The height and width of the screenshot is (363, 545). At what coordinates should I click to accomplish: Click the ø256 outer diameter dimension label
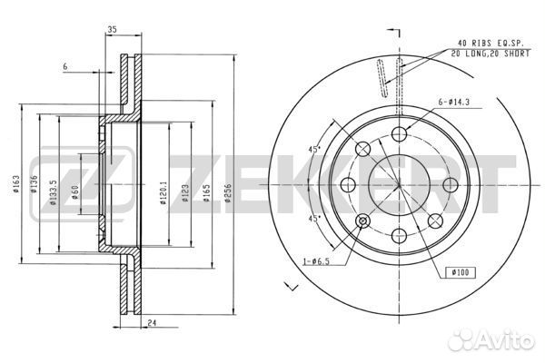(227, 193)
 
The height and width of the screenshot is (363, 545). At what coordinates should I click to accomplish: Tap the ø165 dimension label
(206, 193)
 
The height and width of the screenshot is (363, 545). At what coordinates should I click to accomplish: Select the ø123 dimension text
(185, 193)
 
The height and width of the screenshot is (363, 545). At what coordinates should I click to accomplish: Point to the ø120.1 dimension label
(163, 192)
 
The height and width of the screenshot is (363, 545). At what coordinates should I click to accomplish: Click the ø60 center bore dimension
(75, 192)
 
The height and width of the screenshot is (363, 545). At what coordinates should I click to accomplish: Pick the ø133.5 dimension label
(54, 192)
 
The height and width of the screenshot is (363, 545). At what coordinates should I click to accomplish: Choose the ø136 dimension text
(34, 184)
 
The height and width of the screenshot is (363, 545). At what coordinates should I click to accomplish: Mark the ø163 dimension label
(15, 184)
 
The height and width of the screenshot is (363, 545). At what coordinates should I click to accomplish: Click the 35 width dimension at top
(112, 30)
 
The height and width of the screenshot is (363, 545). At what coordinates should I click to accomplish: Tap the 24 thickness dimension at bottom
(152, 323)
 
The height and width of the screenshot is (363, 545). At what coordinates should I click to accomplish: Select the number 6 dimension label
(65, 66)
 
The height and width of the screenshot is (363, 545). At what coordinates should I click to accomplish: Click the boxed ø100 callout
(461, 272)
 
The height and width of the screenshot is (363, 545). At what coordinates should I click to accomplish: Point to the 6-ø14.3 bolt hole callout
(454, 103)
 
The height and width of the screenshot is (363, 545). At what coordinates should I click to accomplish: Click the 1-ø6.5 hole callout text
(316, 261)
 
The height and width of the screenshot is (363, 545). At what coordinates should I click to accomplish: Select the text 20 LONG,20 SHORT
(490, 54)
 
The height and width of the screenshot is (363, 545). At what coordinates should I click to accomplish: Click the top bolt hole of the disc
(399, 134)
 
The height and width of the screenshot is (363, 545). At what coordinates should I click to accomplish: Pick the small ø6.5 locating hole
(362, 221)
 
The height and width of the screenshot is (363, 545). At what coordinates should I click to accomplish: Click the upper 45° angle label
(314, 150)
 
